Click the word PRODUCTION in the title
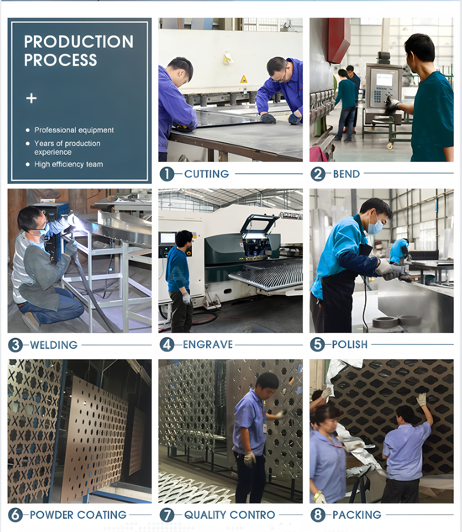pyautogui.click(x=79, y=42)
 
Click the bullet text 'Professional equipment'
pyautogui.click(x=74, y=130)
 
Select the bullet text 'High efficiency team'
pyautogui.click(x=69, y=164)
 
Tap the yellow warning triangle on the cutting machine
pyautogui.click(x=244, y=79)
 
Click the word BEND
pyautogui.click(x=346, y=174)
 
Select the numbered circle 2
pyautogui.click(x=318, y=174)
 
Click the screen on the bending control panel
pyautogui.click(x=384, y=80)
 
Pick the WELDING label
pyautogui.click(x=54, y=345)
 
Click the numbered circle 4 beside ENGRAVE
pyautogui.click(x=167, y=345)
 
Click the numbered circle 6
pyautogui.click(x=15, y=515)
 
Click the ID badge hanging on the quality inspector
pyautogui.click(x=265, y=428)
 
